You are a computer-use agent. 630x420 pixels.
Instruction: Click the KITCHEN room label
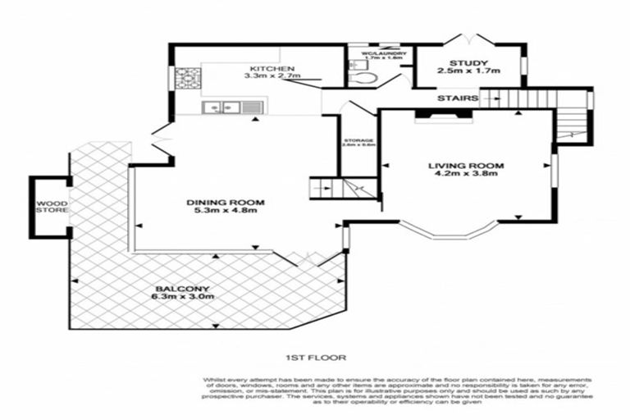[x=267, y=67]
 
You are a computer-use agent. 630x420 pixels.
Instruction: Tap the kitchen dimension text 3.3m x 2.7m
[x=272, y=76]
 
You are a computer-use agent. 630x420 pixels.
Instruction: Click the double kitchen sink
[x=221, y=106]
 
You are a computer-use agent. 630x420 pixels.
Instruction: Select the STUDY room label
[x=468, y=62]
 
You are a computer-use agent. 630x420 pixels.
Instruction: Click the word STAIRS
[x=458, y=98]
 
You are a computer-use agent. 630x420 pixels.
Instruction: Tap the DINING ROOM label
[x=221, y=202]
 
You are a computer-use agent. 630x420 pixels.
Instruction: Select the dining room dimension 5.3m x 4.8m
[x=221, y=211]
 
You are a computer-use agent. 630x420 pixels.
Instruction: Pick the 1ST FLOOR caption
[x=315, y=358]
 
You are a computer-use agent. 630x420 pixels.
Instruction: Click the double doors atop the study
[x=466, y=39]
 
